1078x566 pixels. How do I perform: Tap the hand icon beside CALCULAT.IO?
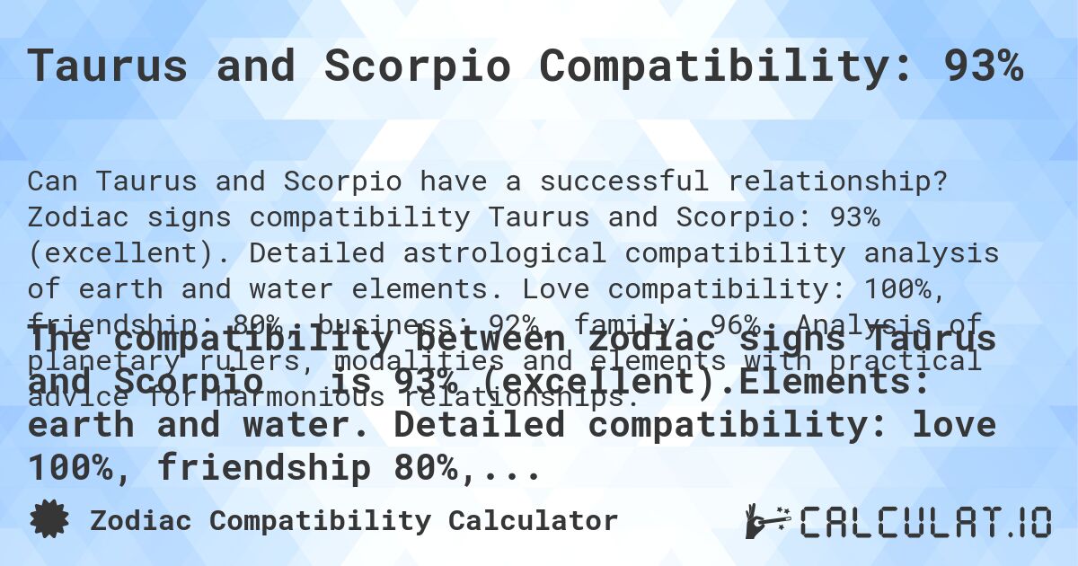pyautogui.click(x=766, y=520)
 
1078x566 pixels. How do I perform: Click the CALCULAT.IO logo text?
pyautogui.click(x=925, y=521)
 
